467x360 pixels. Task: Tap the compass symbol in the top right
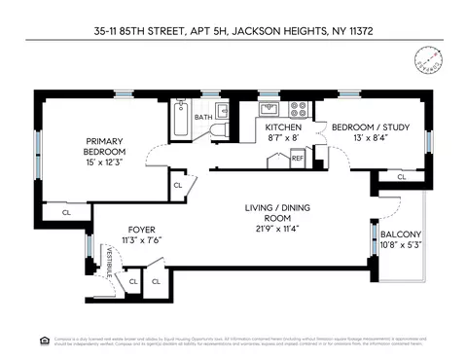pos(426,58)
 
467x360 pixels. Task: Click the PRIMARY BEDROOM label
pos(104,146)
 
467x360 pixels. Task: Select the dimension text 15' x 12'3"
pos(104,162)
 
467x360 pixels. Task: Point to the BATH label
pos(202,118)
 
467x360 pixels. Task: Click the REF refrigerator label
pos(298,157)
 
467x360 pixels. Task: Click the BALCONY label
pos(401,234)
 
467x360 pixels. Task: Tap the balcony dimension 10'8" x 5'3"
pos(401,245)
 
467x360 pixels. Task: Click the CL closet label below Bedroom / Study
pos(401,177)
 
